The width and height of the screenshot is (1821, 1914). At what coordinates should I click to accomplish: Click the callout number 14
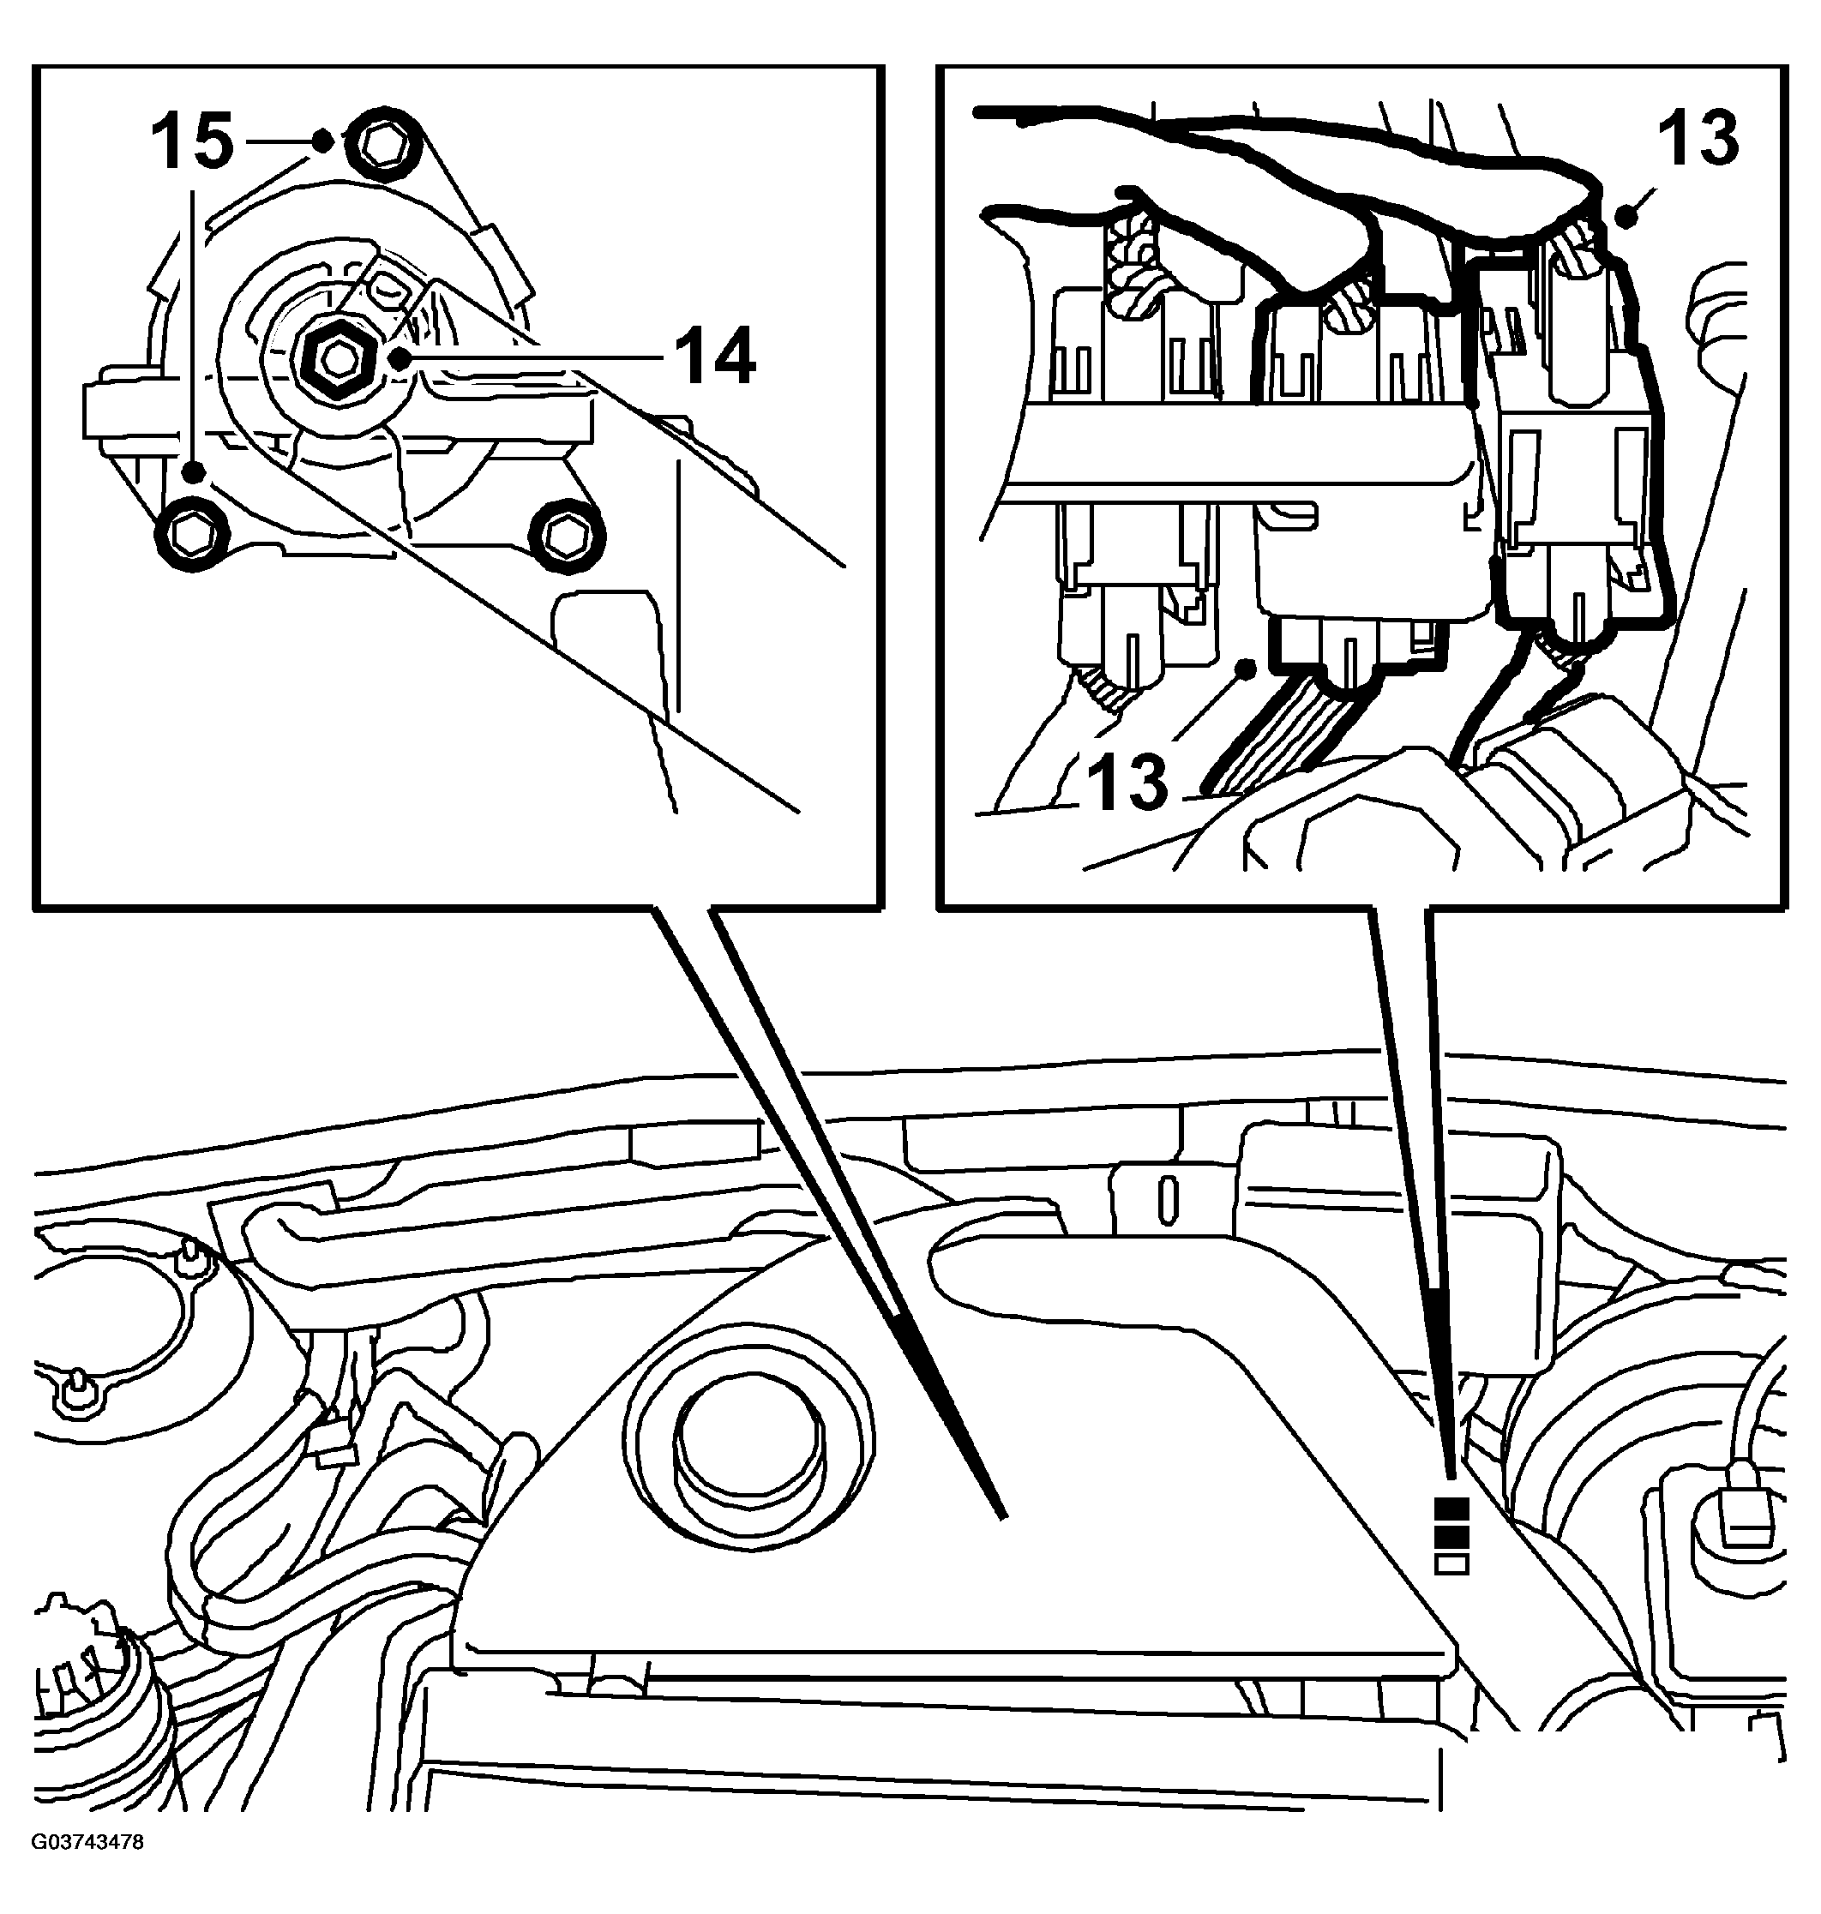point(714,357)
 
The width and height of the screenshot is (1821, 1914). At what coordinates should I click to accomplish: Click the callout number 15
point(192,140)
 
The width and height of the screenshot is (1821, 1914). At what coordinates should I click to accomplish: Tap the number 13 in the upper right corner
point(1698,140)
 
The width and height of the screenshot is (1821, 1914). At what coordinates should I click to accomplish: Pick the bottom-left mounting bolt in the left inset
point(192,532)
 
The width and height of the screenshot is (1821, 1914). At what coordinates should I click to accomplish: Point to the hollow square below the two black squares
point(1451,1563)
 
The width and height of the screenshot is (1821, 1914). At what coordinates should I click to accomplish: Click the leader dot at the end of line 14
point(398,358)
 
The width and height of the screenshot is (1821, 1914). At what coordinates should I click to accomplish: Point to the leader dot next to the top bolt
point(323,141)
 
